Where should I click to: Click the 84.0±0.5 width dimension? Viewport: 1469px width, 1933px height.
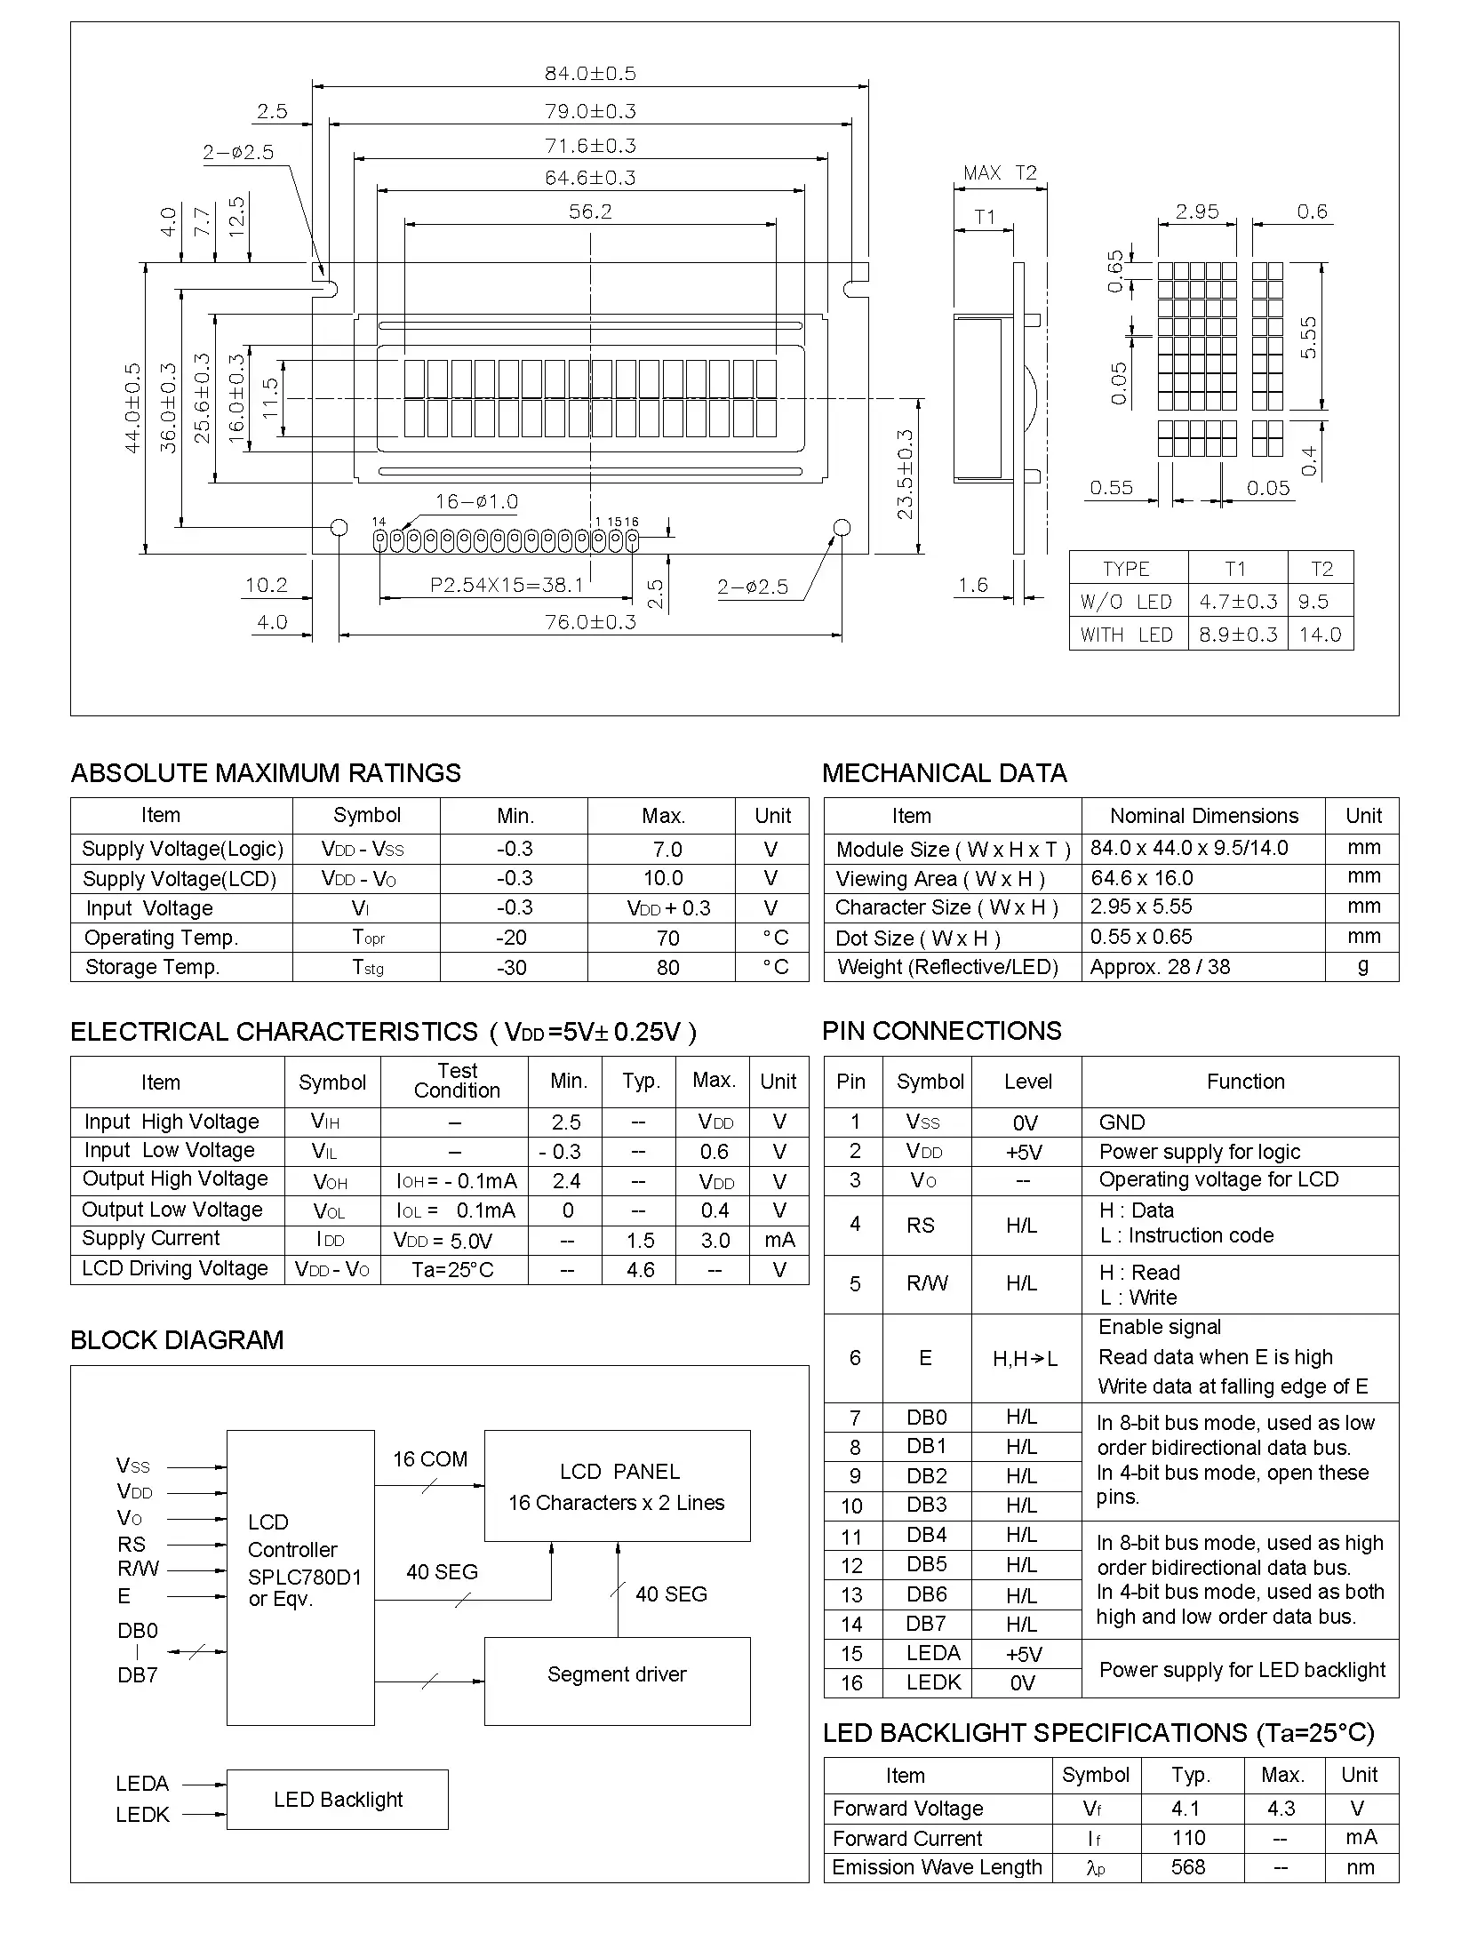click(x=590, y=73)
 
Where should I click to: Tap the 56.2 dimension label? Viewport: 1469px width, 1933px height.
click(x=590, y=212)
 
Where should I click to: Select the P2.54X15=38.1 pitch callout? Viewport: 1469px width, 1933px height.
click(x=507, y=585)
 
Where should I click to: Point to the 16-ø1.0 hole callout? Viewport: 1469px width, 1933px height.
click(x=476, y=501)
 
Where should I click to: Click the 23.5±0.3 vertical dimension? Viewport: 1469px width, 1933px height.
click(x=905, y=475)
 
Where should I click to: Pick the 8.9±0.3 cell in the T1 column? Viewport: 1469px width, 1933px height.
click(x=1238, y=635)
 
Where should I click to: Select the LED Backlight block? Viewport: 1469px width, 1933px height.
click(x=338, y=1799)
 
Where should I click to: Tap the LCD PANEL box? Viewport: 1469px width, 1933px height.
click(x=617, y=1485)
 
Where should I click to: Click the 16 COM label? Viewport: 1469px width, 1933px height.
click(x=430, y=1459)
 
